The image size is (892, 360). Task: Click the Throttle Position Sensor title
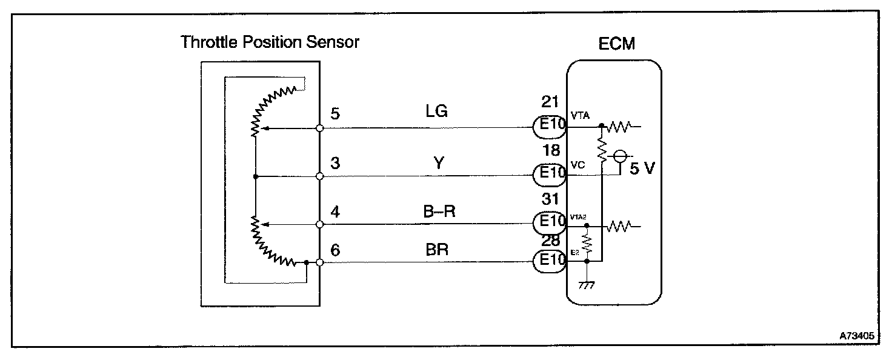[270, 42]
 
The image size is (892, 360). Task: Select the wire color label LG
[437, 112]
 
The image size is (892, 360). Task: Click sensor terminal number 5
[335, 113]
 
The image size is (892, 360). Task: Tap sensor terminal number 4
[335, 212]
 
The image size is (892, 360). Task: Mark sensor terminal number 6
[335, 248]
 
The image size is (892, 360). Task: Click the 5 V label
[642, 169]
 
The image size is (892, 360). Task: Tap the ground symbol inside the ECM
[587, 285]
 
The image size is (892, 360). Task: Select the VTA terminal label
[580, 115]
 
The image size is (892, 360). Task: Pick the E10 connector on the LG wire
[550, 127]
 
